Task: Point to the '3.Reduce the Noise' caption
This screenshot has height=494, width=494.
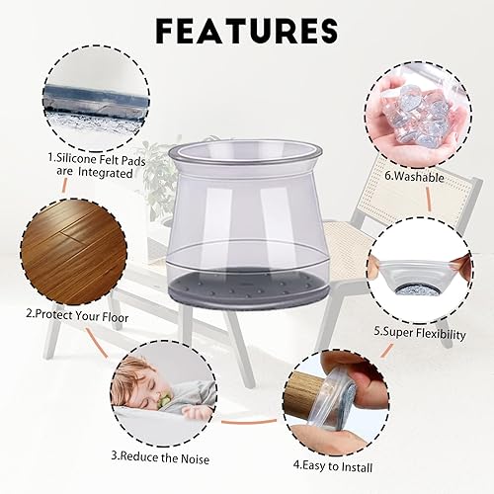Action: [x=157, y=455]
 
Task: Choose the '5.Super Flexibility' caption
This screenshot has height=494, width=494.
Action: [x=420, y=333]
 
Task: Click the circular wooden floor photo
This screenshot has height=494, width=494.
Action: [x=61, y=254]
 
